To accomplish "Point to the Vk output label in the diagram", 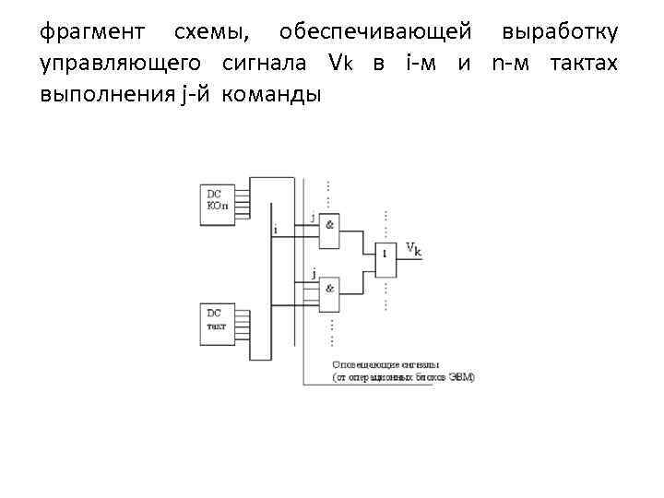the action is [414, 249].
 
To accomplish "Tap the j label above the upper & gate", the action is [313, 218].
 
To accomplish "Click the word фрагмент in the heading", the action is [92, 34].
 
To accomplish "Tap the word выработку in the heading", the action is [561, 34].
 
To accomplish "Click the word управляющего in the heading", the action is [124, 64].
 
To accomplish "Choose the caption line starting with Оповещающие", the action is [385, 365].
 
